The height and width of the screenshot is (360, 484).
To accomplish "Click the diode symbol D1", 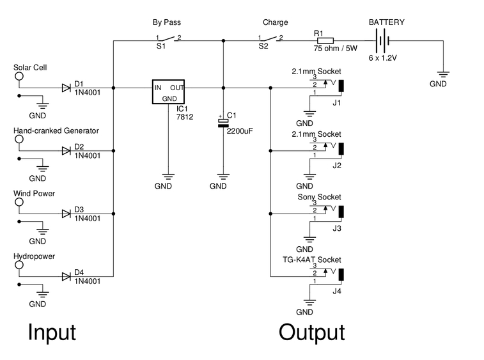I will (x=66, y=88).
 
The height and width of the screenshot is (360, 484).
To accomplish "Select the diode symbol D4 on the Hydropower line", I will (x=66, y=276).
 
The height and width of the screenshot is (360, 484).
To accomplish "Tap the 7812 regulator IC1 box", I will (x=168, y=91).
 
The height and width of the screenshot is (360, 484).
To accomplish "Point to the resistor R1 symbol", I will (x=325, y=41).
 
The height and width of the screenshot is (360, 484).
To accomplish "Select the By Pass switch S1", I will (x=167, y=40).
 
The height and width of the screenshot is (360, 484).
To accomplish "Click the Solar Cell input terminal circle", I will (x=19, y=76).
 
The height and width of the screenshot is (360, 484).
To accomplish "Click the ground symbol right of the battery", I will (x=442, y=74).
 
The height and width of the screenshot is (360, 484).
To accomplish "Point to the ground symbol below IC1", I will (x=168, y=175).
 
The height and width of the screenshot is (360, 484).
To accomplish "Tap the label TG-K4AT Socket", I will (x=312, y=260).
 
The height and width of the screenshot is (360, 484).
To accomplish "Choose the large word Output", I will (x=311, y=333).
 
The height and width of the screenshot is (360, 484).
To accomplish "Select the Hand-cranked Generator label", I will (x=56, y=130).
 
